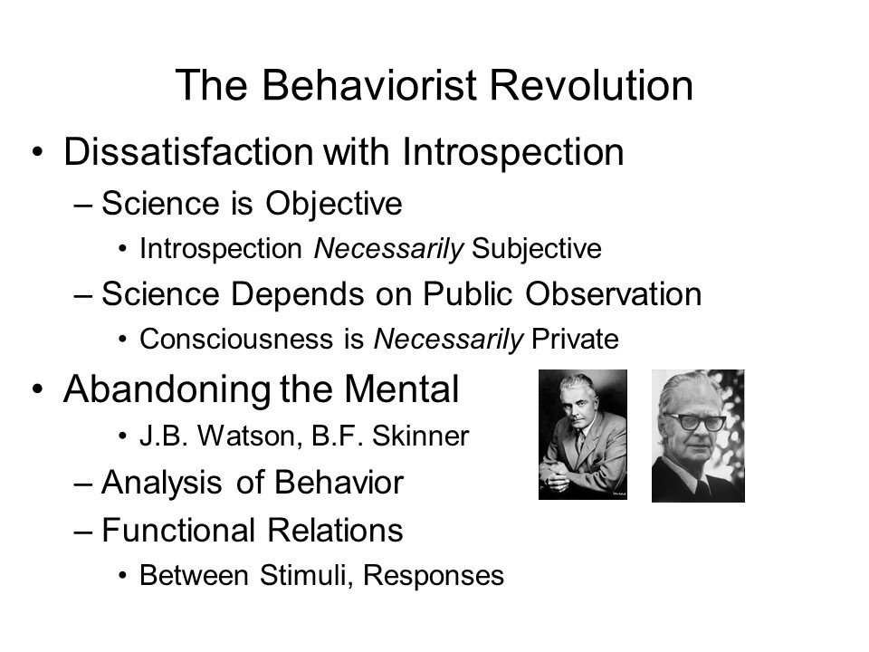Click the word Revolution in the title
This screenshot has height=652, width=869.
point(591,85)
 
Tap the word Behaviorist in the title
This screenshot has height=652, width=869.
point(369,85)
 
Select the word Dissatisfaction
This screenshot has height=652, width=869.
point(188,151)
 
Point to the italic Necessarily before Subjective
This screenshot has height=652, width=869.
point(388,249)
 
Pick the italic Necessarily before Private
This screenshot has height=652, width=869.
point(448,340)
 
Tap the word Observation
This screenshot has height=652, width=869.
point(614,293)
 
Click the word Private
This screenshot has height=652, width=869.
point(576,340)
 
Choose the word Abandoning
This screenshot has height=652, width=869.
point(167,390)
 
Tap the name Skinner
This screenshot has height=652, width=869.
point(421,436)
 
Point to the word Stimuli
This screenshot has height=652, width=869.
point(307,576)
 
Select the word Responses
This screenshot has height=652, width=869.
point(434,576)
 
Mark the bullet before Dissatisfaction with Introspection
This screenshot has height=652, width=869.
point(37,152)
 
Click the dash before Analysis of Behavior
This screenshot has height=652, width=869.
point(82,484)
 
